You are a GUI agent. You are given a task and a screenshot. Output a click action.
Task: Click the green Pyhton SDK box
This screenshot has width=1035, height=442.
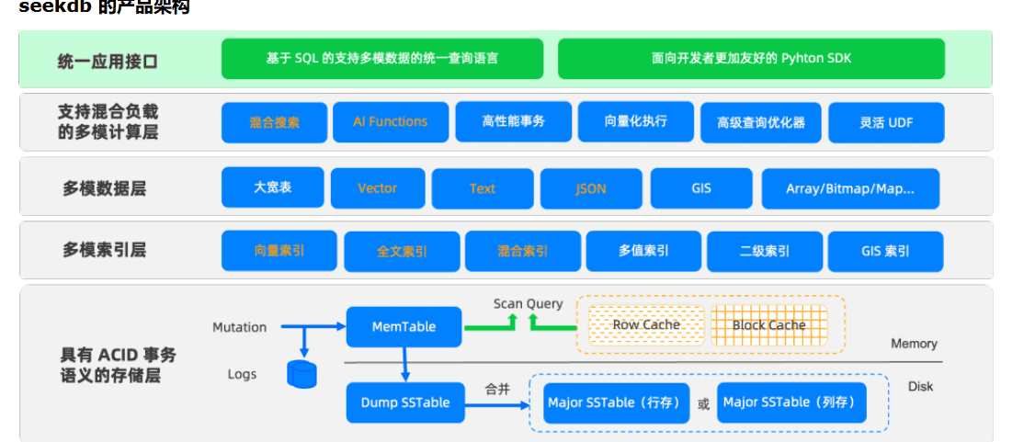[x=751, y=59]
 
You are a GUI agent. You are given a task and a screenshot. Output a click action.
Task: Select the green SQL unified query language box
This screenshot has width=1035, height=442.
[x=381, y=59]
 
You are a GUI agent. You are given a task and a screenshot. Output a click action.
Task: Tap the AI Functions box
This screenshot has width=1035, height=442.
[x=390, y=122]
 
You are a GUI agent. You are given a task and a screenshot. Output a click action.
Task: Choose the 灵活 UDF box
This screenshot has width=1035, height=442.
[x=886, y=122]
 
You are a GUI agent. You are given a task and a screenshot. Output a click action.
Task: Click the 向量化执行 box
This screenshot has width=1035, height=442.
[x=635, y=121]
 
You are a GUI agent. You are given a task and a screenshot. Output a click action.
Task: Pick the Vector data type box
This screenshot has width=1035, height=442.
[x=377, y=187]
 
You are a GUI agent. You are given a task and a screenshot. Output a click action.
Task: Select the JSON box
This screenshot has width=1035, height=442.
[x=590, y=188]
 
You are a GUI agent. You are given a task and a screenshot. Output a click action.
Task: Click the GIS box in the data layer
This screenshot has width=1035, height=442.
[x=700, y=187]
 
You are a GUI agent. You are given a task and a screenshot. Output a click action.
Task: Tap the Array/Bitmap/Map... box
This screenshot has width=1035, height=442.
[x=849, y=188]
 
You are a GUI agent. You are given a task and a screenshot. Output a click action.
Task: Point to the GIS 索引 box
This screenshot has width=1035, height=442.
[x=885, y=251]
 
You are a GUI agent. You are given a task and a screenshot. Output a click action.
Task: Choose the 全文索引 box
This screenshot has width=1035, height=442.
[x=402, y=251]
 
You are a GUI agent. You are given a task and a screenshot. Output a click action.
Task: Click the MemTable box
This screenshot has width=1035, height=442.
[x=404, y=326]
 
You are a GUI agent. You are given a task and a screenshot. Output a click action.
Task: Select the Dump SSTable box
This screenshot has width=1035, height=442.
[x=404, y=402]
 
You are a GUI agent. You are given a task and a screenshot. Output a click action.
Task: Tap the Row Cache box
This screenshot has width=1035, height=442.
[x=646, y=324]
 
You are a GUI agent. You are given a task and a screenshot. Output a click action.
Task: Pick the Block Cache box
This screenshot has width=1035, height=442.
[x=768, y=324]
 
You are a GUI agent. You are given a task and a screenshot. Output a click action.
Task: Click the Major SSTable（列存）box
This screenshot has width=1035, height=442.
[x=790, y=402]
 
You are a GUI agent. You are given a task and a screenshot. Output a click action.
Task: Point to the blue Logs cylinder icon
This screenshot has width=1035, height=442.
[x=301, y=374]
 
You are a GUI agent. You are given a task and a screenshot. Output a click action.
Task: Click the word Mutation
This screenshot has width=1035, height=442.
[x=239, y=327]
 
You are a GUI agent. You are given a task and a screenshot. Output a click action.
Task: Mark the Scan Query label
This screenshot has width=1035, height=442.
[x=528, y=304]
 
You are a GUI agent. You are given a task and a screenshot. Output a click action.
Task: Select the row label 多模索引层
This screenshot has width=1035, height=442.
[x=104, y=250]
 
